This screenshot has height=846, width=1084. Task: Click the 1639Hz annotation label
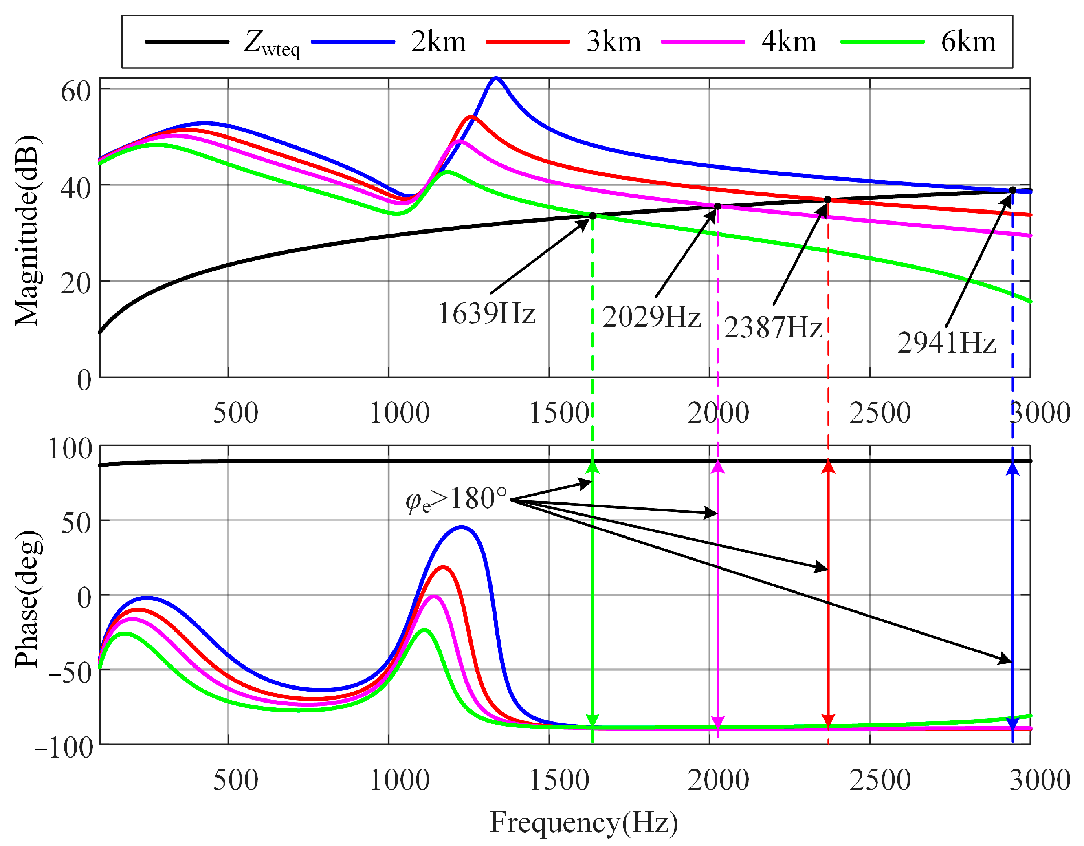[486, 314]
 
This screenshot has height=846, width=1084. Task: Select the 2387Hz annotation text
[773, 328]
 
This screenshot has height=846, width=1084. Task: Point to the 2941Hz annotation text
[946, 343]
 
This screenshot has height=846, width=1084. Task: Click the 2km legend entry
[438, 42]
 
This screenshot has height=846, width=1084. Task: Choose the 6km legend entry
[968, 42]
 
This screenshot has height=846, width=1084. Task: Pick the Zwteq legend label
[272, 43]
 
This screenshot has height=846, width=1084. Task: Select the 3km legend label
[613, 42]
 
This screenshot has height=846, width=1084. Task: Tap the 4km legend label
[789, 42]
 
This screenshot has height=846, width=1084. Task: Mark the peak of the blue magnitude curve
[495, 78]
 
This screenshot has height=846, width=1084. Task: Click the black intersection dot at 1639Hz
[593, 216]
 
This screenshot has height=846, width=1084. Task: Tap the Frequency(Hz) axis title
[584, 822]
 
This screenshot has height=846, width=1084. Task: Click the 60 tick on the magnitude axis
[75, 91]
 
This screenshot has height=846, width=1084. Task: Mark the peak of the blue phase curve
[462, 527]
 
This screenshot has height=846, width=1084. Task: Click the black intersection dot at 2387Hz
[827, 200]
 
